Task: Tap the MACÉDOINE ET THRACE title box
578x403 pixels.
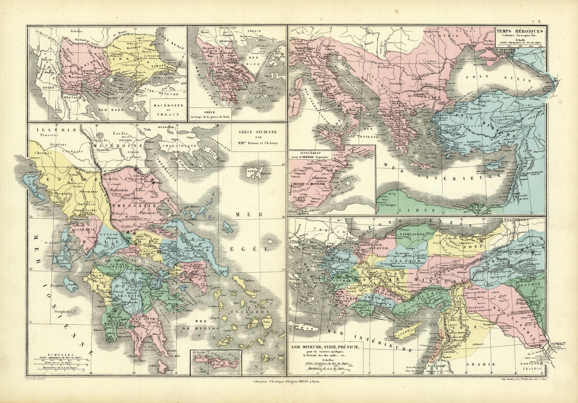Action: click(x=168, y=110)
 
